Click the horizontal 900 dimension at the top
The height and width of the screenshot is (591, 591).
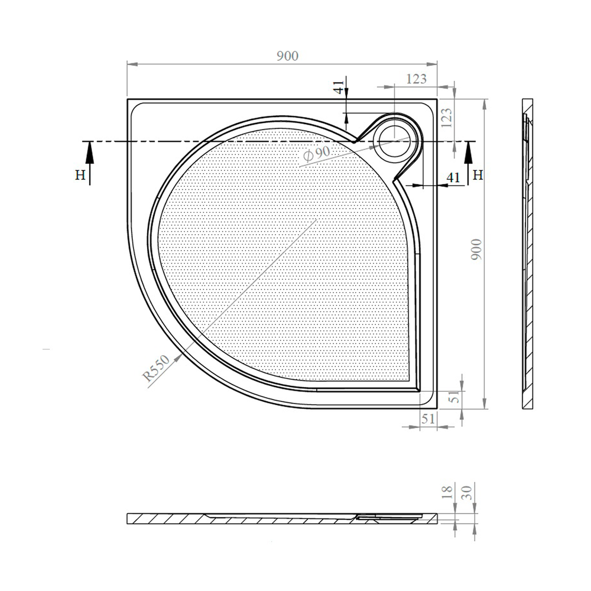(x=288, y=56)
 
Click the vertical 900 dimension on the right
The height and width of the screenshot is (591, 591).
(x=477, y=249)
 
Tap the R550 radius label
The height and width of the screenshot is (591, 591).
(x=156, y=368)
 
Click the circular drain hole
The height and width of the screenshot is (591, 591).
(x=395, y=137)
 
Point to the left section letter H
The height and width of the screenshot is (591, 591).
(x=80, y=175)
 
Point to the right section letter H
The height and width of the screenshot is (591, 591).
(x=478, y=175)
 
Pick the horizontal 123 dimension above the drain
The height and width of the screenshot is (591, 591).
(x=417, y=79)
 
